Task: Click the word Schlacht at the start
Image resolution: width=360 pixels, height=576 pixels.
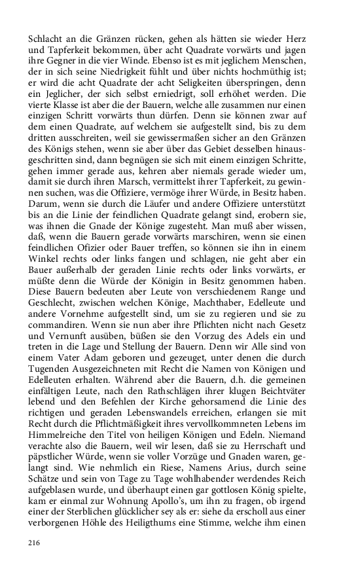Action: click(x=46, y=40)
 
